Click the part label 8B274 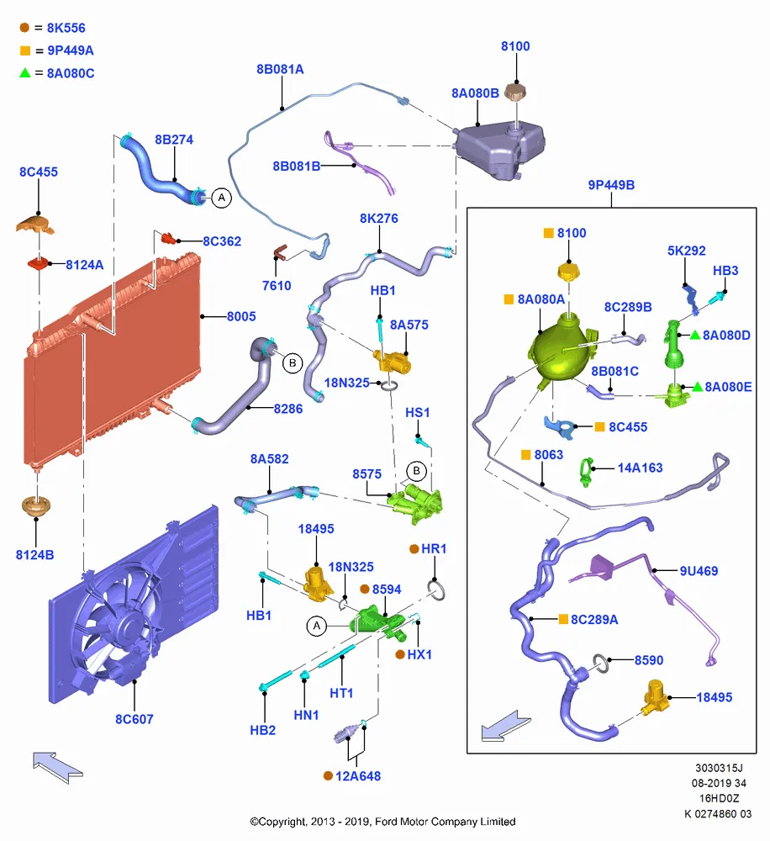point(174,140)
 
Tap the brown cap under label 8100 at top point(516,91)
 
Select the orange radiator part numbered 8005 point(113,359)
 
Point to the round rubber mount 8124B point(36,506)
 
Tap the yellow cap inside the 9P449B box point(569,272)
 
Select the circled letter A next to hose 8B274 point(221,198)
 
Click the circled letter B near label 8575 point(416,472)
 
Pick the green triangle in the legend point(24,72)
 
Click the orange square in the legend point(24,50)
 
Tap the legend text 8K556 point(66,28)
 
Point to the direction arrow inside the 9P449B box point(506,727)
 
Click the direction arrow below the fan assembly point(57,766)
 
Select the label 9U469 point(699,571)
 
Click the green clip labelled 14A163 point(587,472)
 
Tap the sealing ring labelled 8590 point(600,664)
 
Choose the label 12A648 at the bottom point(357,776)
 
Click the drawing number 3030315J point(719,768)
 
